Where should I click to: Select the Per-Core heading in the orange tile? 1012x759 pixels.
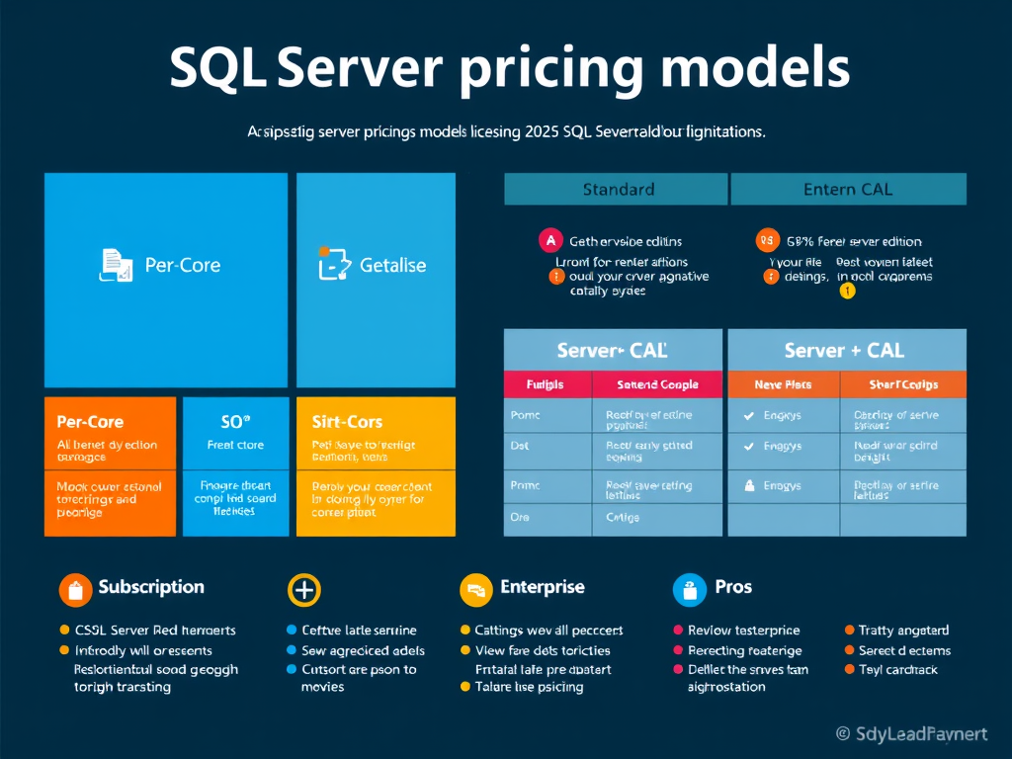pos(90,422)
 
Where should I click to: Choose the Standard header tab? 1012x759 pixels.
pos(618,189)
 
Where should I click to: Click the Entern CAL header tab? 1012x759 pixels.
pos(848,189)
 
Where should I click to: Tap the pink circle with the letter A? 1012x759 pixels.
pos(549,240)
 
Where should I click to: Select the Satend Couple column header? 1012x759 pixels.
pos(657,384)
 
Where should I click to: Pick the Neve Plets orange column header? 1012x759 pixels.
pos(783,384)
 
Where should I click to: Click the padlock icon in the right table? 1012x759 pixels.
pos(749,485)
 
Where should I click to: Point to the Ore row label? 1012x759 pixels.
pos(519,517)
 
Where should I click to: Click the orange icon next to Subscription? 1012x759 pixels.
pos(75,589)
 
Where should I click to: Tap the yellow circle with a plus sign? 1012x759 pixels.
pos(303,590)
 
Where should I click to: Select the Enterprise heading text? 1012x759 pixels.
pos(543,587)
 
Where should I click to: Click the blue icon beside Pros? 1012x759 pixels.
pos(689,589)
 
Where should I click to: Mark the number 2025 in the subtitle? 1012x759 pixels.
pos(538,131)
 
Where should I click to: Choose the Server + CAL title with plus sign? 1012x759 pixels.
pos(844,350)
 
